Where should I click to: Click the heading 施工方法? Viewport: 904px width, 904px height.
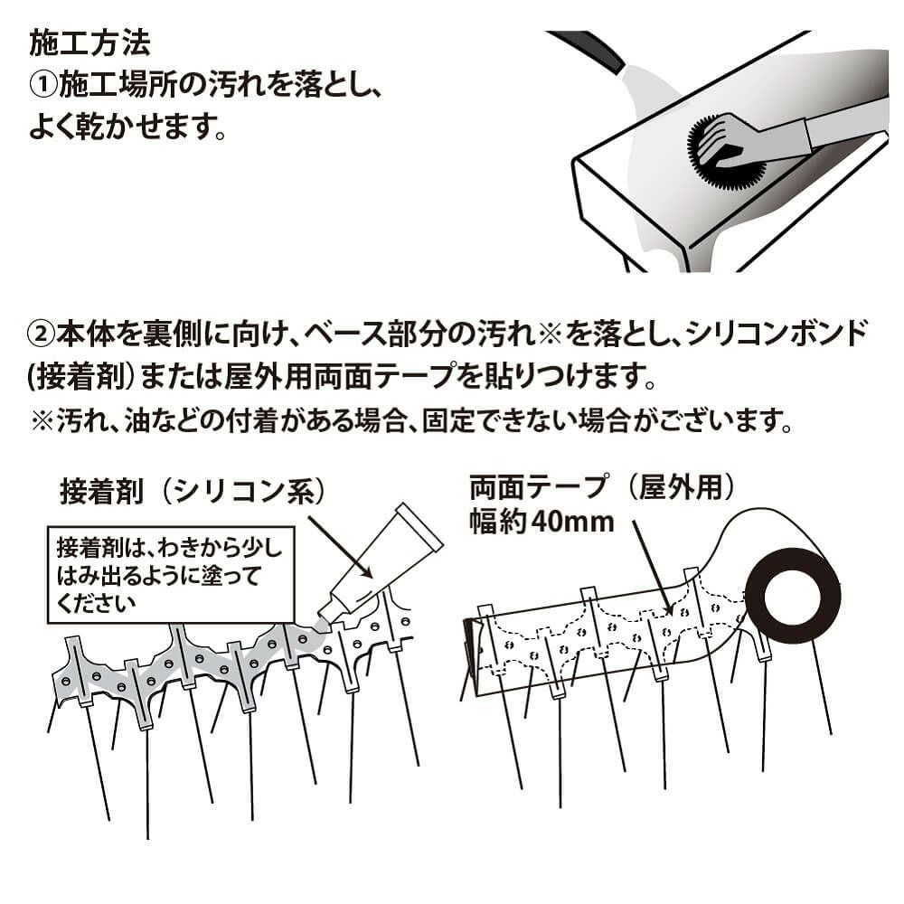[89, 42]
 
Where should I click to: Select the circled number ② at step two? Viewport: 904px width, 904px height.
[42, 334]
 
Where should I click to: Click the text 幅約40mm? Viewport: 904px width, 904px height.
[541, 521]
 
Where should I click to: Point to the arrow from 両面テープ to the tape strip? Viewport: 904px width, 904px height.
[653, 566]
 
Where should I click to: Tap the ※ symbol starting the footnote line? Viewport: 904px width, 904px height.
[43, 421]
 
